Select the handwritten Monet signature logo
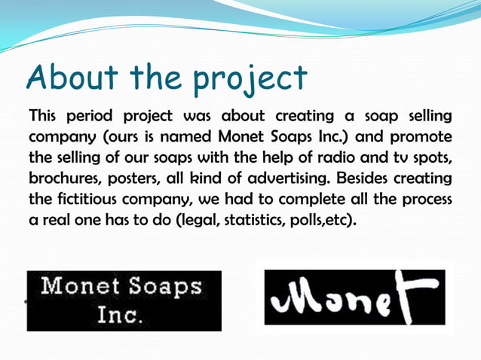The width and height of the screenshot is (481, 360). tap(354, 297)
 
